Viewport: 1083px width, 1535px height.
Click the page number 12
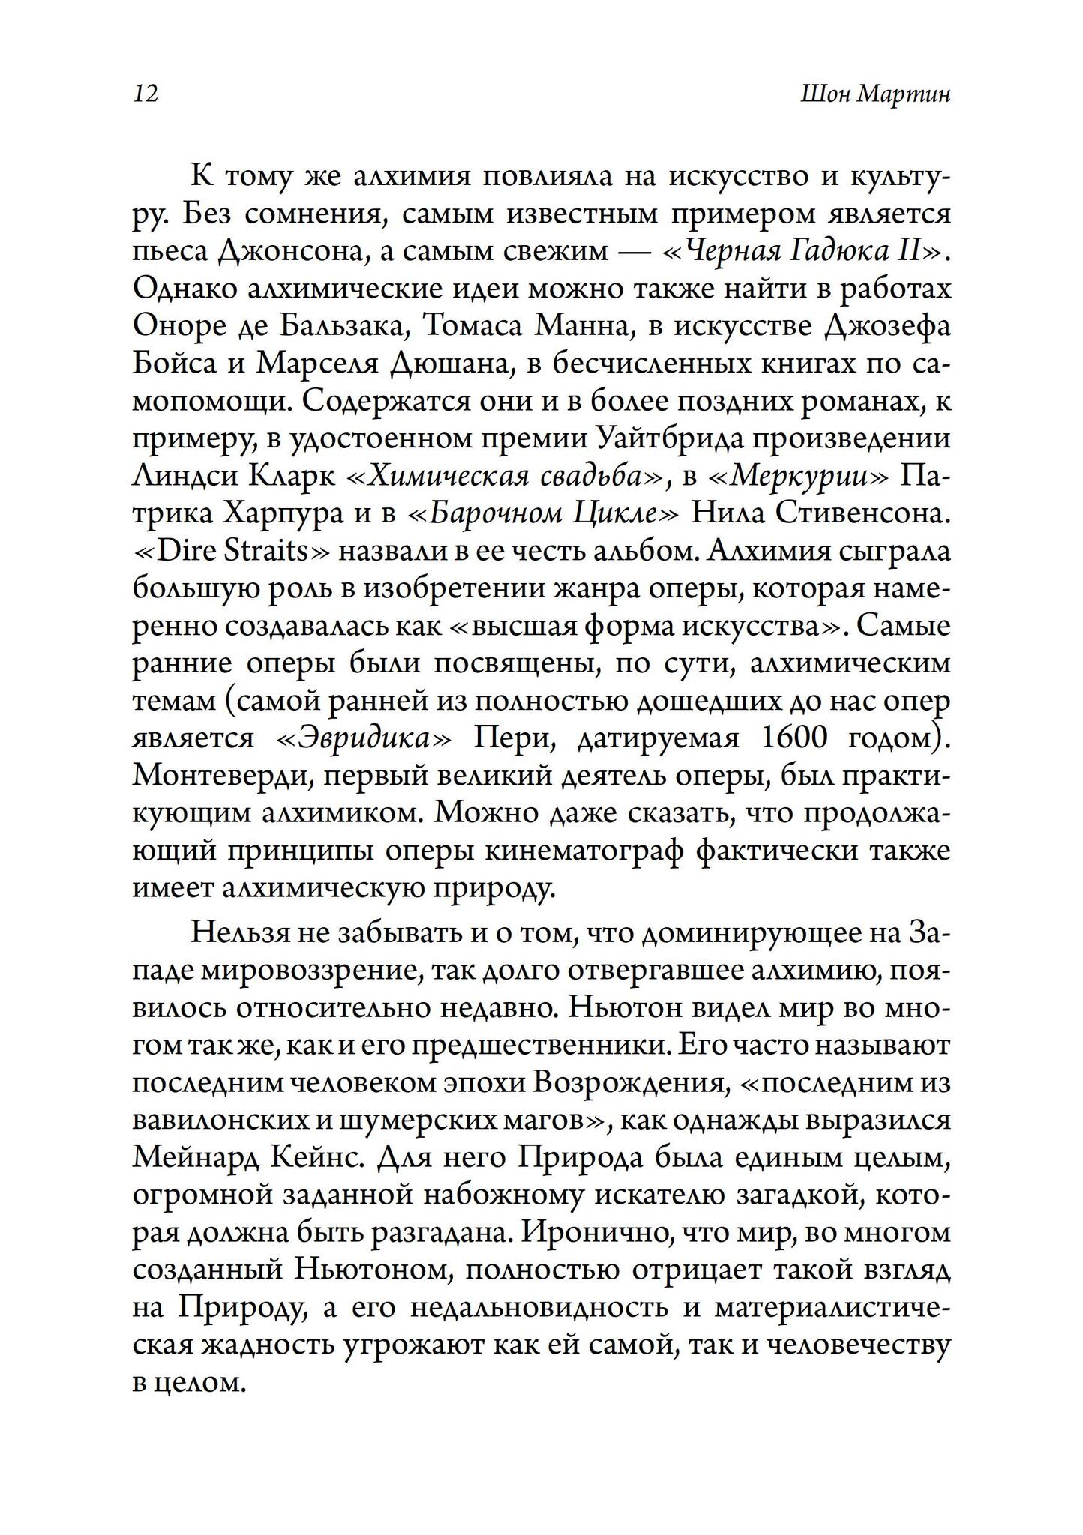point(145,94)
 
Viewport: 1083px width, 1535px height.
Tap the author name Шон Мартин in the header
point(875,94)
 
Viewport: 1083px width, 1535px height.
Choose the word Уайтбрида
point(672,439)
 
